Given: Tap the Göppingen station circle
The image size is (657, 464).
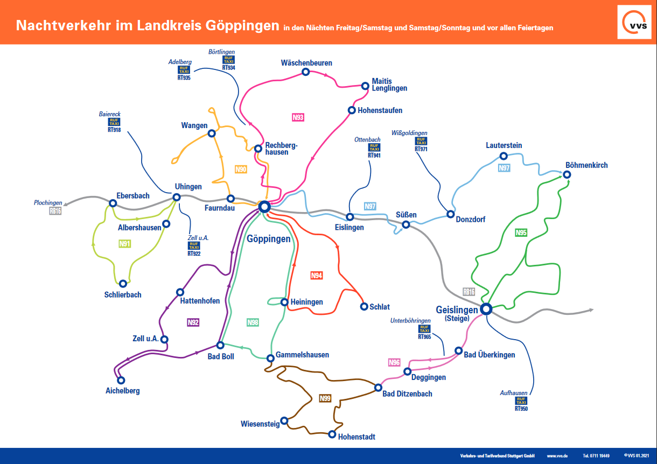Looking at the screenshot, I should click(x=264, y=207).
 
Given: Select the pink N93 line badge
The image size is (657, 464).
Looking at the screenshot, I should click(x=298, y=117).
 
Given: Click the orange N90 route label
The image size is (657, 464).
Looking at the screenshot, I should click(x=241, y=169).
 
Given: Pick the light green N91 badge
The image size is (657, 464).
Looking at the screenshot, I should click(x=125, y=243).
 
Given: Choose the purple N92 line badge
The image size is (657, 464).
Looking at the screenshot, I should click(x=193, y=322).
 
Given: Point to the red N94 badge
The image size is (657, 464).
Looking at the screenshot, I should click(x=317, y=276).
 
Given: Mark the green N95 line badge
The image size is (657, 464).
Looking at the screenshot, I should click(x=521, y=233).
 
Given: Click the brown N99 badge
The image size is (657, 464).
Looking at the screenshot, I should click(x=325, y=398).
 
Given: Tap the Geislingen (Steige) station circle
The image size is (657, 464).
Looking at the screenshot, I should click(x=486, y=309).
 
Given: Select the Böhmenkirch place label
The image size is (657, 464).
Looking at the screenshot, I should click(x=586, y=165).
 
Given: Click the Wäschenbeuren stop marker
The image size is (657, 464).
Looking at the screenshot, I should click(x=305, y=72).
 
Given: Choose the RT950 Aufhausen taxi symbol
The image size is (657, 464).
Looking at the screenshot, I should click(x=521, y=401).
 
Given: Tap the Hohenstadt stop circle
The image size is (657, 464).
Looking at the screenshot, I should click(x=332, y=434).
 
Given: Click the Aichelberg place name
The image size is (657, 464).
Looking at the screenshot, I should click(x=122, y=391).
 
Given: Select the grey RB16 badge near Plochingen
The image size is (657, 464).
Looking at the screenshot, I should click(x=55, y=211).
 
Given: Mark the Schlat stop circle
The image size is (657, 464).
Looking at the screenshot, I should click(x=364, y=307).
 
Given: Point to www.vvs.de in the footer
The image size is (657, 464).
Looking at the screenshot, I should click(x=557, y=455).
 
